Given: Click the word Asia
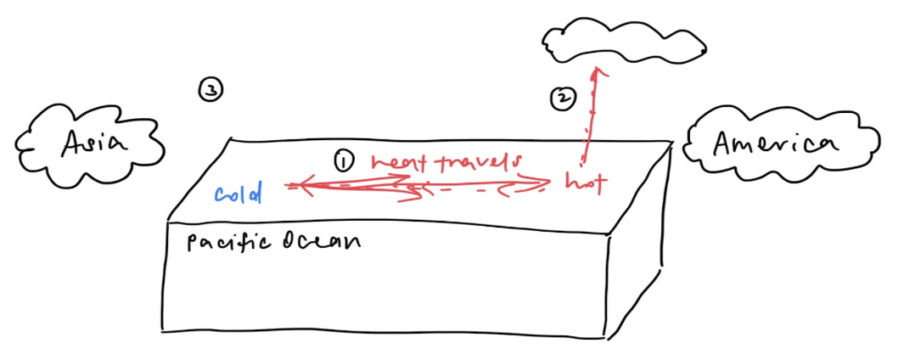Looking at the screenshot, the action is [94, 143].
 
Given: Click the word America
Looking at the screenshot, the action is [776, 143].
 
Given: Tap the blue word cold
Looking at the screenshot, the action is [238, 194].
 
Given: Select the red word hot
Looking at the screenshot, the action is [587, 183].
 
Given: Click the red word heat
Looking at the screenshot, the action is [396, 164].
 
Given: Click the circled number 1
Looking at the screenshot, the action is [345, 161].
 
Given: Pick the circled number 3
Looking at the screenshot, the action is [211, 90].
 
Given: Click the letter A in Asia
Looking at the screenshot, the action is [74, 143].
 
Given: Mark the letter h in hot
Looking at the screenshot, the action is [572, 183].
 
